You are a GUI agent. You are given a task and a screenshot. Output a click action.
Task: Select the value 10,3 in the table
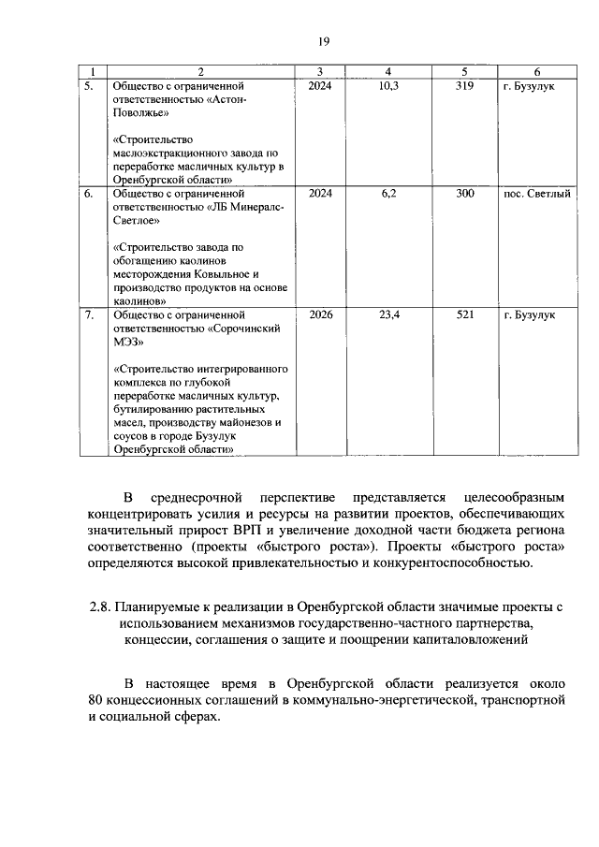pyautogui.click(x=389, y=86)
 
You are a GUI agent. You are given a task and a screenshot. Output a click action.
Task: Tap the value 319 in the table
pyautogui.click(x=465, y=86)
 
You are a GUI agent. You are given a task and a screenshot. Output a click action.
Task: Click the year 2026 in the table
pyautogui.click(x=319, y=315)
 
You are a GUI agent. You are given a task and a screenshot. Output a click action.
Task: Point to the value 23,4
pyautogui.click(x=389, y=315)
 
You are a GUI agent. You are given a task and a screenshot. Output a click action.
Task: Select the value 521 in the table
pyautogui.click(x=465, y=315)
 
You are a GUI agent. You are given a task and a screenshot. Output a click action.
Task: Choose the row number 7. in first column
pyautogui.click(x=88, y=315)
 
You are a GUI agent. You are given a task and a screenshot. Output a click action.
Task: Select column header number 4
pyautogui.click(x=389, y=72)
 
